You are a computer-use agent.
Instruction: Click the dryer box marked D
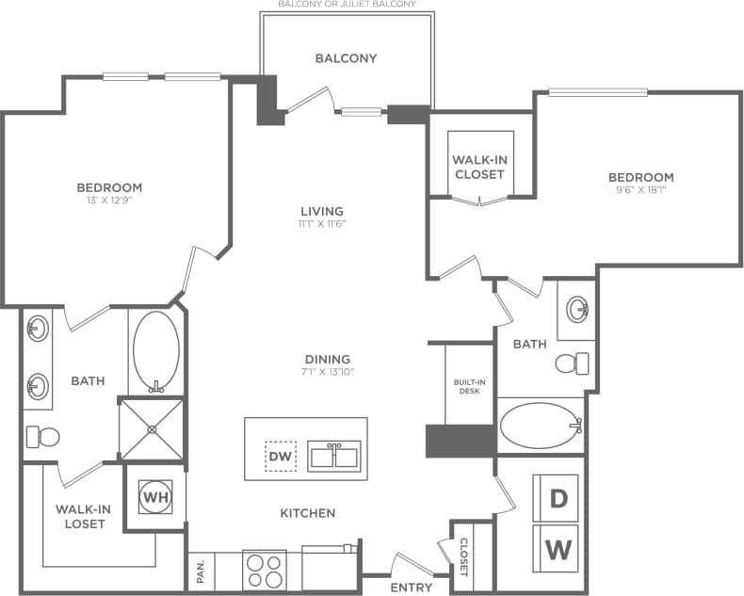coord(558,499)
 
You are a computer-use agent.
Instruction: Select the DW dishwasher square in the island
coord(282,457)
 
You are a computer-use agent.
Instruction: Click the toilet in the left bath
coord(42,436)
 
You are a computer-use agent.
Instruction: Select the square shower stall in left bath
coord(151,428)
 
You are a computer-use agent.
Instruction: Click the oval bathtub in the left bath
coord(155,352)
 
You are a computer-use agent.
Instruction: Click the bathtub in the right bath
coord(539,427)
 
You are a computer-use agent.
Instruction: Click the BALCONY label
coord(346,58)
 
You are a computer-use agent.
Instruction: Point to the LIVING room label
coord(322,211)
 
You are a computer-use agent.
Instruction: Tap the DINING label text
coord(327,359)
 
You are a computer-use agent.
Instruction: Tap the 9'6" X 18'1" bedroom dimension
coord(640,189)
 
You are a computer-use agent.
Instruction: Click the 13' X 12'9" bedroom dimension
coord(109,200)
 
